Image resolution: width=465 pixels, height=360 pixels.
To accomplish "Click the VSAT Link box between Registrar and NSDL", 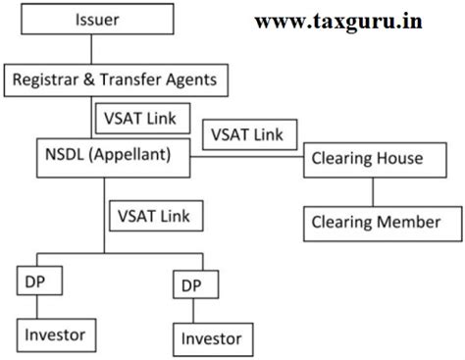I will pyautogui.click(x=134, y=119).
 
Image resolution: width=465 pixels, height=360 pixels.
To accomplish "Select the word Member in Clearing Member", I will pyautogui.click(x=412, y=222).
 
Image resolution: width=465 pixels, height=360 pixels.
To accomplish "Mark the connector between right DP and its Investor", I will pyautogui.click(x=191, y=311).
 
